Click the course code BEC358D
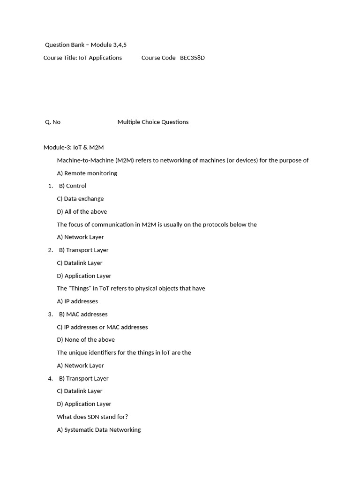(x=192, y=58)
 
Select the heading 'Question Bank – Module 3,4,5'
(x=86, y=45)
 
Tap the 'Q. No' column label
(x=52, y=122)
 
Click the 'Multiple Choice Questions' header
(x=153, y=122)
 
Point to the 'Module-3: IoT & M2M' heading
(x=74, y=147)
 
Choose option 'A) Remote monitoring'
(x=87, y=173)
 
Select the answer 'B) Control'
(x=73, y=186)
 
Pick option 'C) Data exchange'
(x=80, y=199)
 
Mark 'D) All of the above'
(x=82, y=211)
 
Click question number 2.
(x=50, y=250)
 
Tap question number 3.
(x=50, y=314)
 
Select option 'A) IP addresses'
(x=77, y=301)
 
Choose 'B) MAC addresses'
(x=83, y=314)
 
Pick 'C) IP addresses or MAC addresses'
(x=102, y=327)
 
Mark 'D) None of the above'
(x=86, y=340)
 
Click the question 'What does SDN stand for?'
(x=92, y=417)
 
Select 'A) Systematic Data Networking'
(x=99, y=430)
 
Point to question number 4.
(x=50, y=378)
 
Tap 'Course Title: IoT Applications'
(x=82, y=58)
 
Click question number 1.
(x=50, y=186)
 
